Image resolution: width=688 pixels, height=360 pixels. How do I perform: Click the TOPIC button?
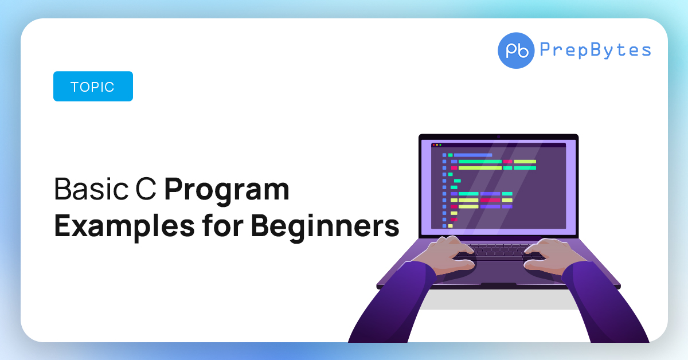pos(93,87)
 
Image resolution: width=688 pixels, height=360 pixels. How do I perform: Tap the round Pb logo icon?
pos(516,50)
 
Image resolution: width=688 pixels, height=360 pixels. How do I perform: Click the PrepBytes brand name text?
pos(595,50)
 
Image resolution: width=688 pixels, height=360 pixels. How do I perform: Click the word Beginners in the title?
pos(325,226)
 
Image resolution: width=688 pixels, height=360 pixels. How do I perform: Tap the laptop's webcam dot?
pos(498,136)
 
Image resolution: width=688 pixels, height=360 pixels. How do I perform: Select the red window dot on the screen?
pos(433,145)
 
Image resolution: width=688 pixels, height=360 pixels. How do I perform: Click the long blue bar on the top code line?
pos(473,155)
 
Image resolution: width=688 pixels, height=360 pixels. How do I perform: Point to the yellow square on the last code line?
pos(451,225)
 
